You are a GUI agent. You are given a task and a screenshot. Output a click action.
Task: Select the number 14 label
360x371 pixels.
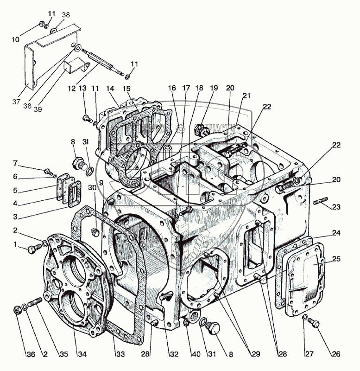(110, 88)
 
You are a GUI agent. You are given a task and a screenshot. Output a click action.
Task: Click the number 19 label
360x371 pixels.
(214, 88)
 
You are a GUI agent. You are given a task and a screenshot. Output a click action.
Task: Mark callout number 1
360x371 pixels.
(15, 244)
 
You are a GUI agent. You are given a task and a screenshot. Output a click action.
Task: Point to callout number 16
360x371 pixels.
(172, 88)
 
